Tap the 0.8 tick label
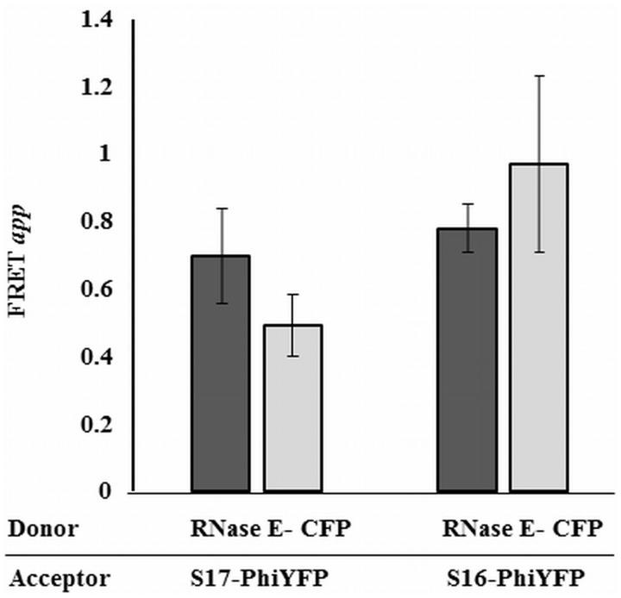point(101,222)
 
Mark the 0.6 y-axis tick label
point(101,290)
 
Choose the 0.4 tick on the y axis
point(101,357)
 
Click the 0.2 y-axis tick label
point(101,424)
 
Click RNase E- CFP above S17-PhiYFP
point(271,527)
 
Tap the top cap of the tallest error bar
point(539,76)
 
